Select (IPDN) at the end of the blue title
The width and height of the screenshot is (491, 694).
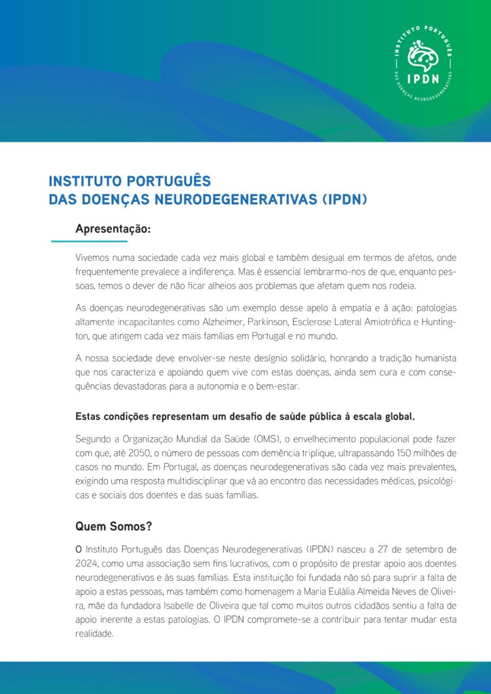click(344, 199)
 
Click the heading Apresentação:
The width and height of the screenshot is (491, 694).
click(113, 229)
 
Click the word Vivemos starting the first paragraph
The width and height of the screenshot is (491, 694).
click(94, 258)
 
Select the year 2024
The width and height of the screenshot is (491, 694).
click(88, 564)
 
